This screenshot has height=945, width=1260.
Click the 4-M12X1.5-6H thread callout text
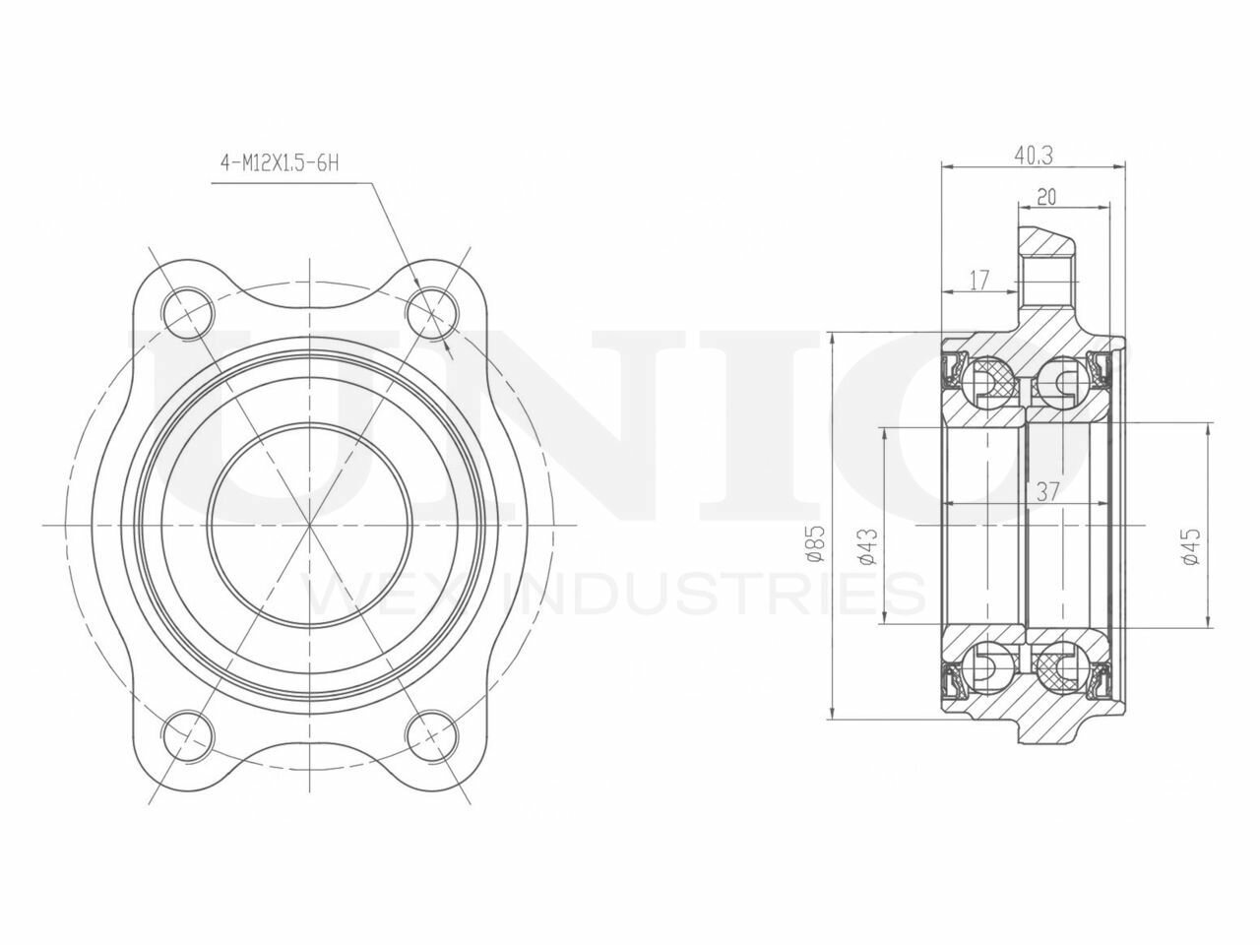pyautogui.click(x=280, y=163)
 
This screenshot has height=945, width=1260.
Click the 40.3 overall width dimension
pyautogui.click(x=1034, y=157)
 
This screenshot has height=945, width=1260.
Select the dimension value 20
pyautogui.click(x=1046, y=197)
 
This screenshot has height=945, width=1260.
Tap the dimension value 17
pyautogui.click(x=979, y=281)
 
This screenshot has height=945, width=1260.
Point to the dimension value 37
pyautogui.click(x=1047, y=492)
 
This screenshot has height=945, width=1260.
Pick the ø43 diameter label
pyautogui.click(x=868, y=547)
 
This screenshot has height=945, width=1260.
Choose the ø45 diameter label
pyautogui.click(x=1190, y=546)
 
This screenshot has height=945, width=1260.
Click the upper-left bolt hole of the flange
pyautogui.click(x=188, y=314)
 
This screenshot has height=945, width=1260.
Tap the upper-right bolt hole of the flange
pyautogui.click(x=432, y=314)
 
